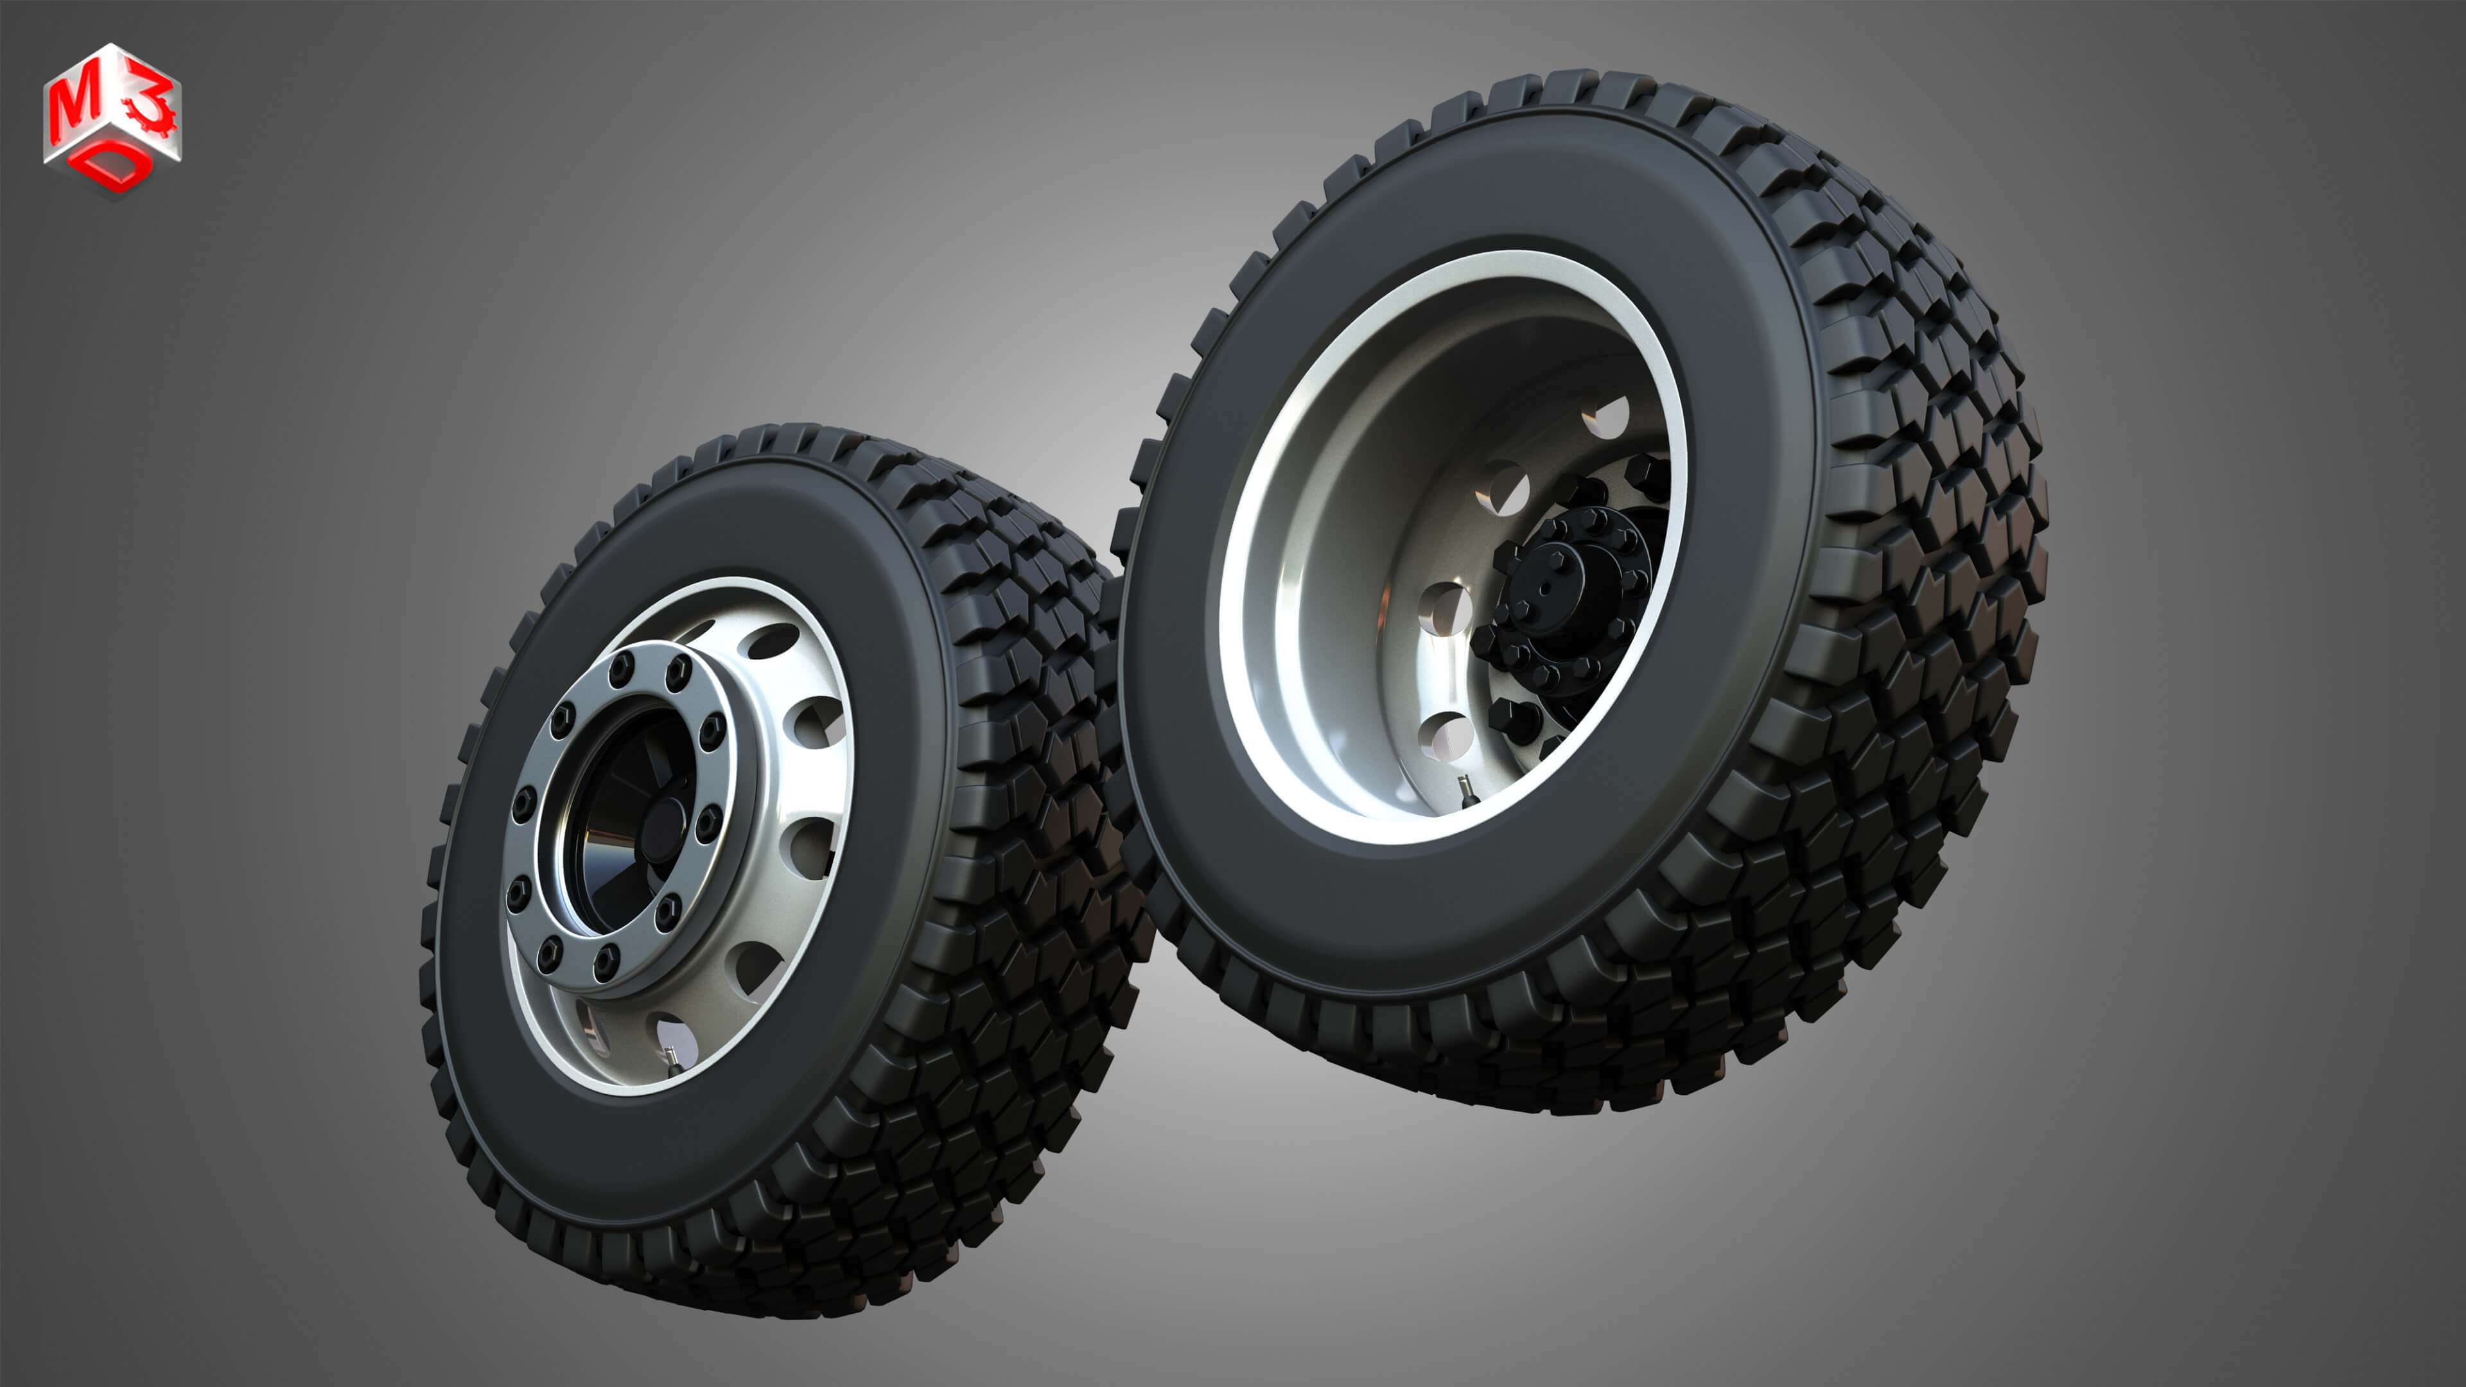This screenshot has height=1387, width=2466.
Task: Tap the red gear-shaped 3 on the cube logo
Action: click(152, 106)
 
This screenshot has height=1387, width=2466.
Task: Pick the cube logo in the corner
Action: click(112, 119)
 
